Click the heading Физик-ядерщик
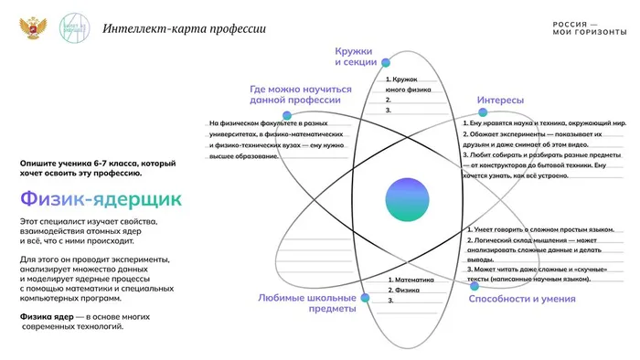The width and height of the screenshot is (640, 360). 101,198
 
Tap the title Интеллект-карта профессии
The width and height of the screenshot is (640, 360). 185,28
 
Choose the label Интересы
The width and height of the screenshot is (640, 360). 500,100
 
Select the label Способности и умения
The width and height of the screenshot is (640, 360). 521,299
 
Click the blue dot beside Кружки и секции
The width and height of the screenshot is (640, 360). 386,62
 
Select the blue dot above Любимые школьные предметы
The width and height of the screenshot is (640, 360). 364,295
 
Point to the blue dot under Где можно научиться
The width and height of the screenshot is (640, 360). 287,116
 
